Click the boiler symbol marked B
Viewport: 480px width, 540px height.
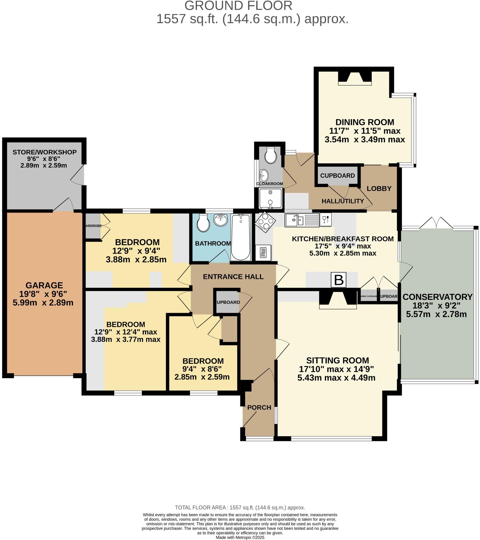point(339,280)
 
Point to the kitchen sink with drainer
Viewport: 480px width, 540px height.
point(302,220)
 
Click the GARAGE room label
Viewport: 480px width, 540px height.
point(44,285)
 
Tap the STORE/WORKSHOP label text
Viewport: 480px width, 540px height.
point(44,152)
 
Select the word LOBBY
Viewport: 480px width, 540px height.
point(379,189)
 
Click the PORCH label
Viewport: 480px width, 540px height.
point(259,407)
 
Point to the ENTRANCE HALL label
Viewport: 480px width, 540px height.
point(233,277)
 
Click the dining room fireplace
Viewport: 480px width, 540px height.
point(355,78)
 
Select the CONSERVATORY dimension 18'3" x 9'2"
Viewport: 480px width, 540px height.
point(436,306)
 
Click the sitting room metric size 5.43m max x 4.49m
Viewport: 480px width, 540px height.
point(336,378)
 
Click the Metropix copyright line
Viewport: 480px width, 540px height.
point(240,537)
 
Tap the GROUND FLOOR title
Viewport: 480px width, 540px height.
point(238,6)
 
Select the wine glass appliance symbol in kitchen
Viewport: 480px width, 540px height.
point(326,220)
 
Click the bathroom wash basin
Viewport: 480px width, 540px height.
point(220,220)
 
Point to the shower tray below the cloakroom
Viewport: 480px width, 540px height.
point(270,199)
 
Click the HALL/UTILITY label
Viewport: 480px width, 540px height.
point(342,201)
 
